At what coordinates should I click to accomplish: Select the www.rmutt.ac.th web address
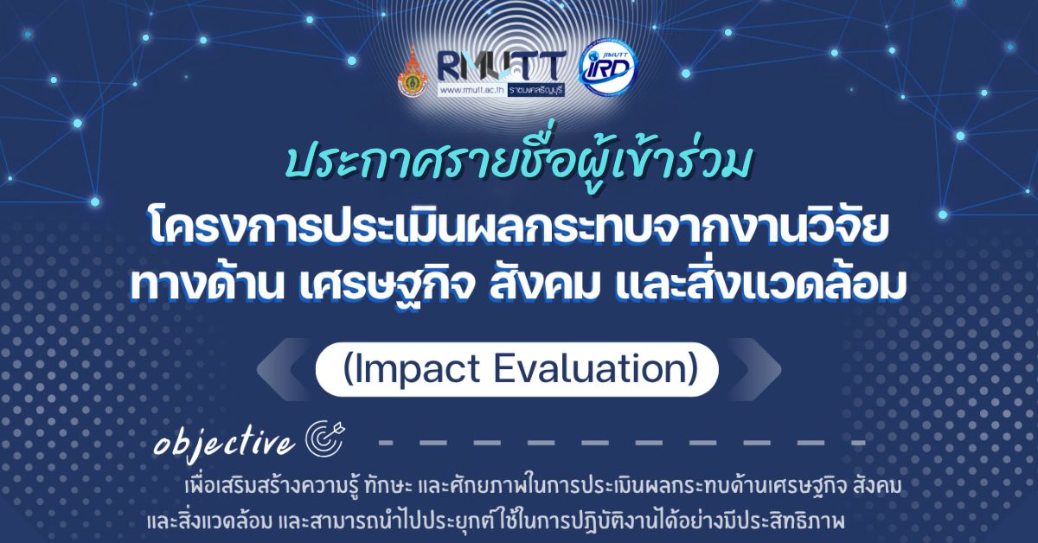tap(471, 90)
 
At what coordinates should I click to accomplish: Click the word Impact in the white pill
tap(412, 370)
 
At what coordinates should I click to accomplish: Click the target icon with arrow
tap(325, 438)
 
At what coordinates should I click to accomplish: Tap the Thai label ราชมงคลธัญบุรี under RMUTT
tap(536, 90)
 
